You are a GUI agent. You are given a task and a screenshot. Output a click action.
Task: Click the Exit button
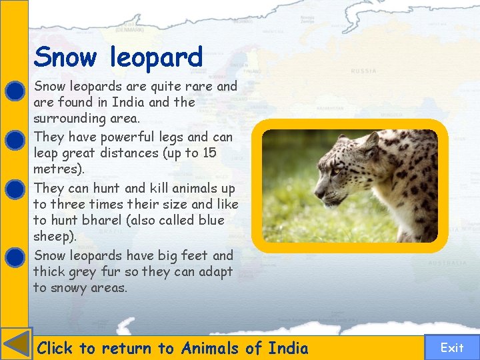tap(451, 347)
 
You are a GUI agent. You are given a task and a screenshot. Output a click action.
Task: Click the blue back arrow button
tap(16, 344)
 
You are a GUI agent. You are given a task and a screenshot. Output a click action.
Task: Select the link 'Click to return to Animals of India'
tap(173, 348)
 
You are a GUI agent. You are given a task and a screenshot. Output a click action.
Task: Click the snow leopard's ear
tap(369, 142)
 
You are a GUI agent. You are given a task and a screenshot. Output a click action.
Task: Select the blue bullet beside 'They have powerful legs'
tap(15, 139)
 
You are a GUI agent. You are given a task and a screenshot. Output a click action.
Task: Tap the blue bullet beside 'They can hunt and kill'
tap(15, 190)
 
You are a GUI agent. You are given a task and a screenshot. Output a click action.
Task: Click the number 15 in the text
tap(209, 153)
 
